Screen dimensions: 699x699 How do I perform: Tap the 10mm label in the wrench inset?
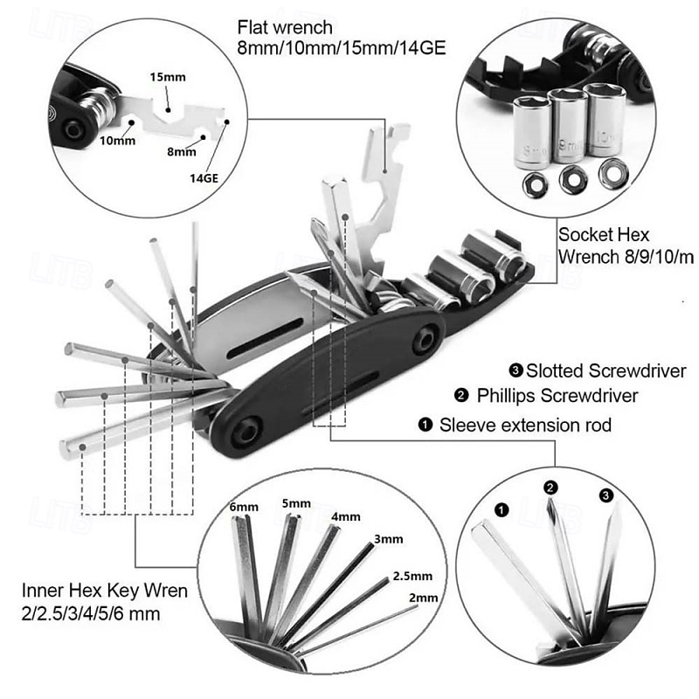(117, 140)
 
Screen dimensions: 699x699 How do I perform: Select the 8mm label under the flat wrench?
(182, 151)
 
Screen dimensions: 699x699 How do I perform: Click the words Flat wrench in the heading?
(281, 26)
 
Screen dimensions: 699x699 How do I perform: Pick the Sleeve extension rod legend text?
(525, 426)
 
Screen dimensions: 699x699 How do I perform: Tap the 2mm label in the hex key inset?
(422, 598)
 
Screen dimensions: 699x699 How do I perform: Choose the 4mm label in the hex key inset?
(346, 516)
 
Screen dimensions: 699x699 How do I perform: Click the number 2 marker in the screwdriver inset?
(550, 487)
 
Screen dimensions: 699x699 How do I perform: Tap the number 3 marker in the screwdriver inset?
(607, 495)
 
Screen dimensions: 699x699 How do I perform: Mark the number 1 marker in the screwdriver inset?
(501, 508)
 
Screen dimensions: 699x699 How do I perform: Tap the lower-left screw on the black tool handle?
(249, 430)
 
